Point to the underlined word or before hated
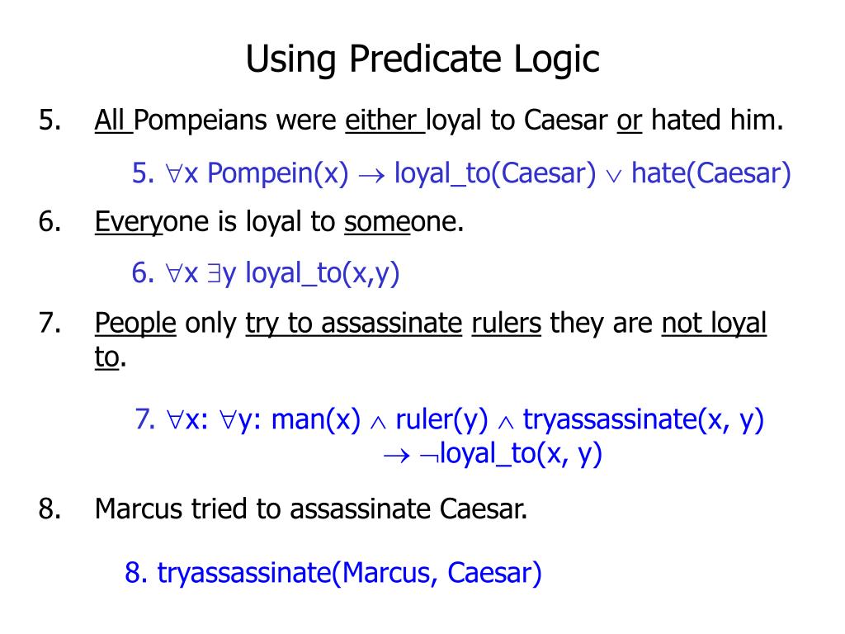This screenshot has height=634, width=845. click(630, 121)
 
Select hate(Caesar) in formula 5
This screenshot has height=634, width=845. click(711, 173)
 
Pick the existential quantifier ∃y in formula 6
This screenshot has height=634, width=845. click(222, 273)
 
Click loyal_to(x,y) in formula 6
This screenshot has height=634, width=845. click(322, 273)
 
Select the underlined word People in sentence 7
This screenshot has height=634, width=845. click(135, 324)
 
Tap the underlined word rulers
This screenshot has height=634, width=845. click(506, 324)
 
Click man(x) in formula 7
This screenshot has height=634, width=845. click(316, 420)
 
